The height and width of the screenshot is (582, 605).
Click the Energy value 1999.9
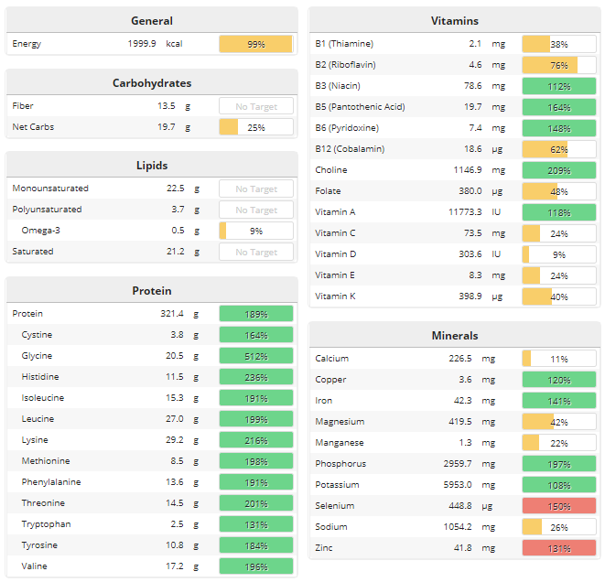[142, 44]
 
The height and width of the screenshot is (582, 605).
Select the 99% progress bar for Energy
[255, 44]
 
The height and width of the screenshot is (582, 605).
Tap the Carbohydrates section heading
[152, 82]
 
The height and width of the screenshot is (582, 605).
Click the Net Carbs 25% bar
[255, 127]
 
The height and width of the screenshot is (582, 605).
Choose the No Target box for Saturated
[255, 252]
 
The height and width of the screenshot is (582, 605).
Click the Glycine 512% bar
[255, 356]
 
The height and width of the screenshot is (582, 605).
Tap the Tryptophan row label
[46, 524]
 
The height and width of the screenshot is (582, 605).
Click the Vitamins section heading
[455, 20]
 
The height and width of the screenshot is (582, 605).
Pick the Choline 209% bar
[558, 170]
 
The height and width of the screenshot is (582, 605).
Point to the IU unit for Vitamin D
[497, 254]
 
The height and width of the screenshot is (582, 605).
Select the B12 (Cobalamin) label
[350, 149]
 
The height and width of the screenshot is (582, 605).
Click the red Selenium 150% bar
[558, 506]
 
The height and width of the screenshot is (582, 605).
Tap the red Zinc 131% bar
[558, 548]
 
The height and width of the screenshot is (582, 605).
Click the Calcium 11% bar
[558, 359]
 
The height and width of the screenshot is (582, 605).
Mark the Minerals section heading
[455, 336]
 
